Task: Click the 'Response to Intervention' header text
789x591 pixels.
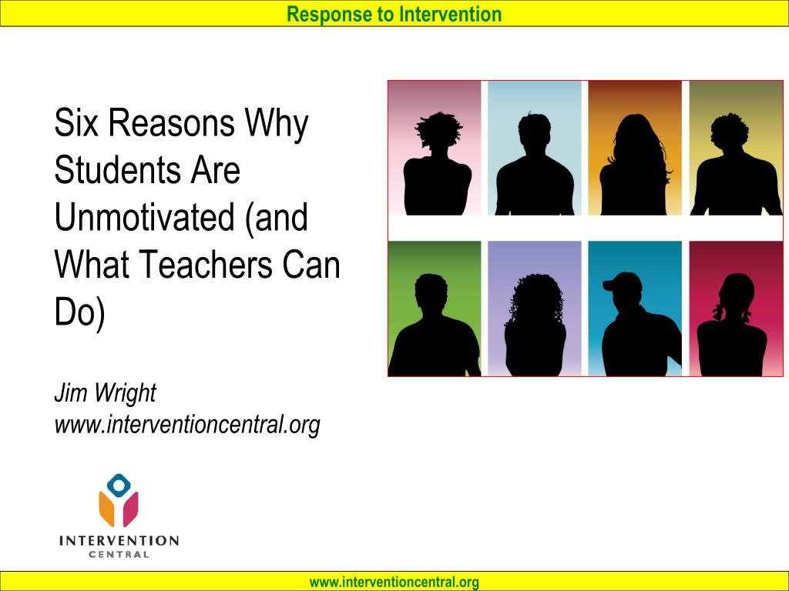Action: point(394,14)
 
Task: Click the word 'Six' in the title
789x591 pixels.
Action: point(79,123)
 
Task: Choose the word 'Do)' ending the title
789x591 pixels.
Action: point(79,313)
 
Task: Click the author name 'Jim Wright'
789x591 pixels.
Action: point(105,393)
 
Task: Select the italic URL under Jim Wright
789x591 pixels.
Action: point(186,424)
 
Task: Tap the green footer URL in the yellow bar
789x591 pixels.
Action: point(394,583)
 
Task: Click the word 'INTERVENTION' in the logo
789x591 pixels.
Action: point(119,541)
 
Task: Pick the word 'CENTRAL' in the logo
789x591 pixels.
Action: point(119,555)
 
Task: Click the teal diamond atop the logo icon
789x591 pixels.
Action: point(119,485)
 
